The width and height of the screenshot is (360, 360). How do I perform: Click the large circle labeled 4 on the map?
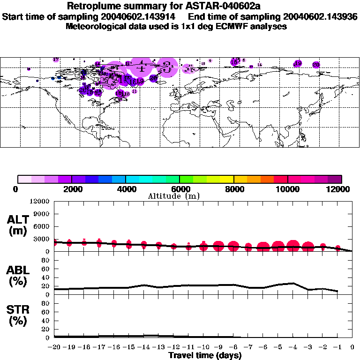tap(140, 68)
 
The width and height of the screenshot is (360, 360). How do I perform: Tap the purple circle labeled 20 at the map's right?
tap(316, 65)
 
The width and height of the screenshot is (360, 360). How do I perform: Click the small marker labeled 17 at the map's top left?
tap(56, 60)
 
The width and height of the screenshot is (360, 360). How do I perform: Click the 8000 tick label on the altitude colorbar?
tap(233, 189)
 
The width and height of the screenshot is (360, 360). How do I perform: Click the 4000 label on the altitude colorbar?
tap(126, 189)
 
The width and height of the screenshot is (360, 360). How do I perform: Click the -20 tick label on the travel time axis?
tap(54, 347)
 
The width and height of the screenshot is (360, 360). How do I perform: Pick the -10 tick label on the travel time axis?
tap(203, 347)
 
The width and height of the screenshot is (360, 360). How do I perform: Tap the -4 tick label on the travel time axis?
tap(292, 347)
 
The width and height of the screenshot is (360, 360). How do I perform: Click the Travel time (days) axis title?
tap(205, 355)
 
